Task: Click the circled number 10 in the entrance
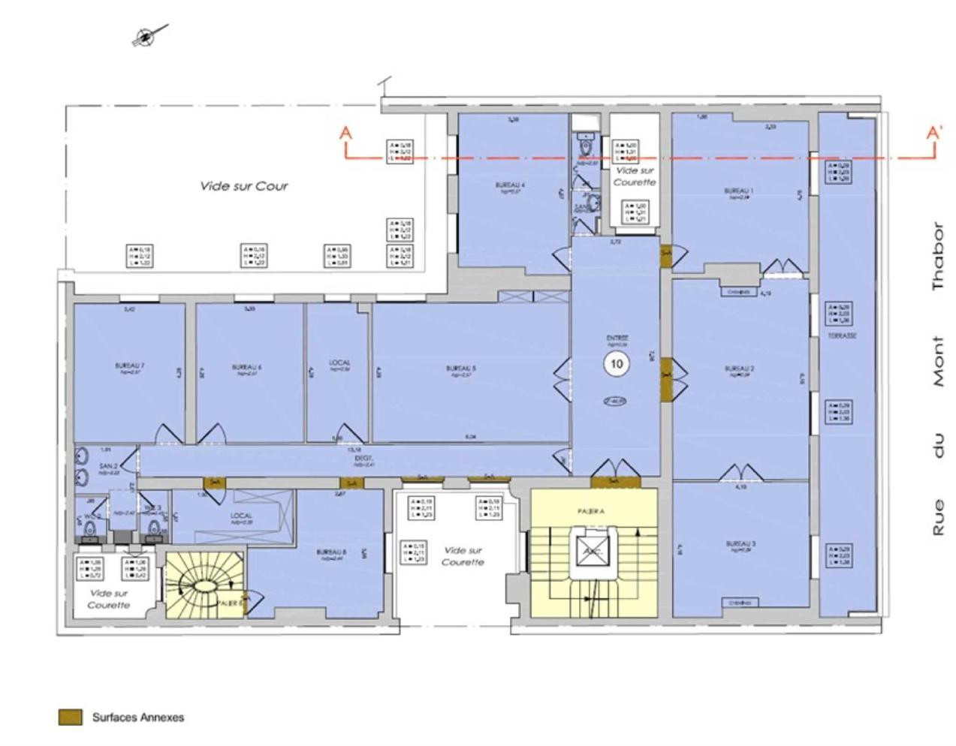click(617, 364)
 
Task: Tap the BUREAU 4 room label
click(510, 185)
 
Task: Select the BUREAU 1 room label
click(739, 191)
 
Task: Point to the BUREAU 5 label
click(460, 368)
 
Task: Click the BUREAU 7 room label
click(129, 366)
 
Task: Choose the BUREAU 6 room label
click(246, 367)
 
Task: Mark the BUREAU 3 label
click(740, 543)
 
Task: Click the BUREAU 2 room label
click(739, 368)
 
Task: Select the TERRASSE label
click(842, 336)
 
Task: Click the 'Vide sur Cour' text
click(243, 186)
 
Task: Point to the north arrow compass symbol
click(147, 36)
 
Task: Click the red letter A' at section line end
click(933, 134)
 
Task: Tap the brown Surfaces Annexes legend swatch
click(70, 717)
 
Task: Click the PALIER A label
click(592, 511)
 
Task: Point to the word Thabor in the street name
click(936, 256)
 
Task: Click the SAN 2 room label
click(108, 466)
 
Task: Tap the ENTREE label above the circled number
click(617, 338)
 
